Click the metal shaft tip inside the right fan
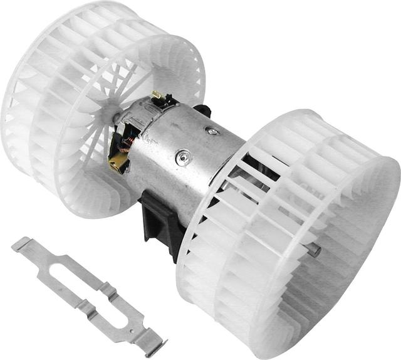[x=313, y=250]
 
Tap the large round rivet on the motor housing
[x=184, y=157]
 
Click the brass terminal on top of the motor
[x=157, y=96]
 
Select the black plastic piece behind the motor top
[x=202, y=111]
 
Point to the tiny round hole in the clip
[x=132, y=327]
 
